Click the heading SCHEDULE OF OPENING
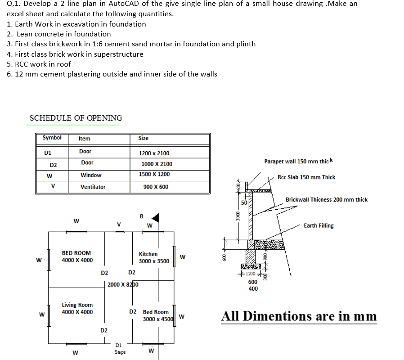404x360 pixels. (76, 118)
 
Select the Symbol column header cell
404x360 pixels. (52, 138)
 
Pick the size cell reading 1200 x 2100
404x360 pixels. (154, 153)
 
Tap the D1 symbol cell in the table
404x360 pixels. (48, 153)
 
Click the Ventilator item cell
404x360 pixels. (93, 187)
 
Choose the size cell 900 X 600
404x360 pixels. (156, 187)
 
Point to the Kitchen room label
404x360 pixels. (148, 254)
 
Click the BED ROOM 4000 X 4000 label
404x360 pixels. (77, 256)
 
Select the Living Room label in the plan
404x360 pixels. (77, 308)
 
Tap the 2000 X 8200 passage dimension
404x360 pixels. (123, 284)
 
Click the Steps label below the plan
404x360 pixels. (120, 352)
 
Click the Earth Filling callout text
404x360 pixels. (319, 225)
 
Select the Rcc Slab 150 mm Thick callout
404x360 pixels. (306, 177)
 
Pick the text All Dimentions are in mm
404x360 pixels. (299, 316)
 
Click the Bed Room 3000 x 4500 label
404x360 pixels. (156, 315)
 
